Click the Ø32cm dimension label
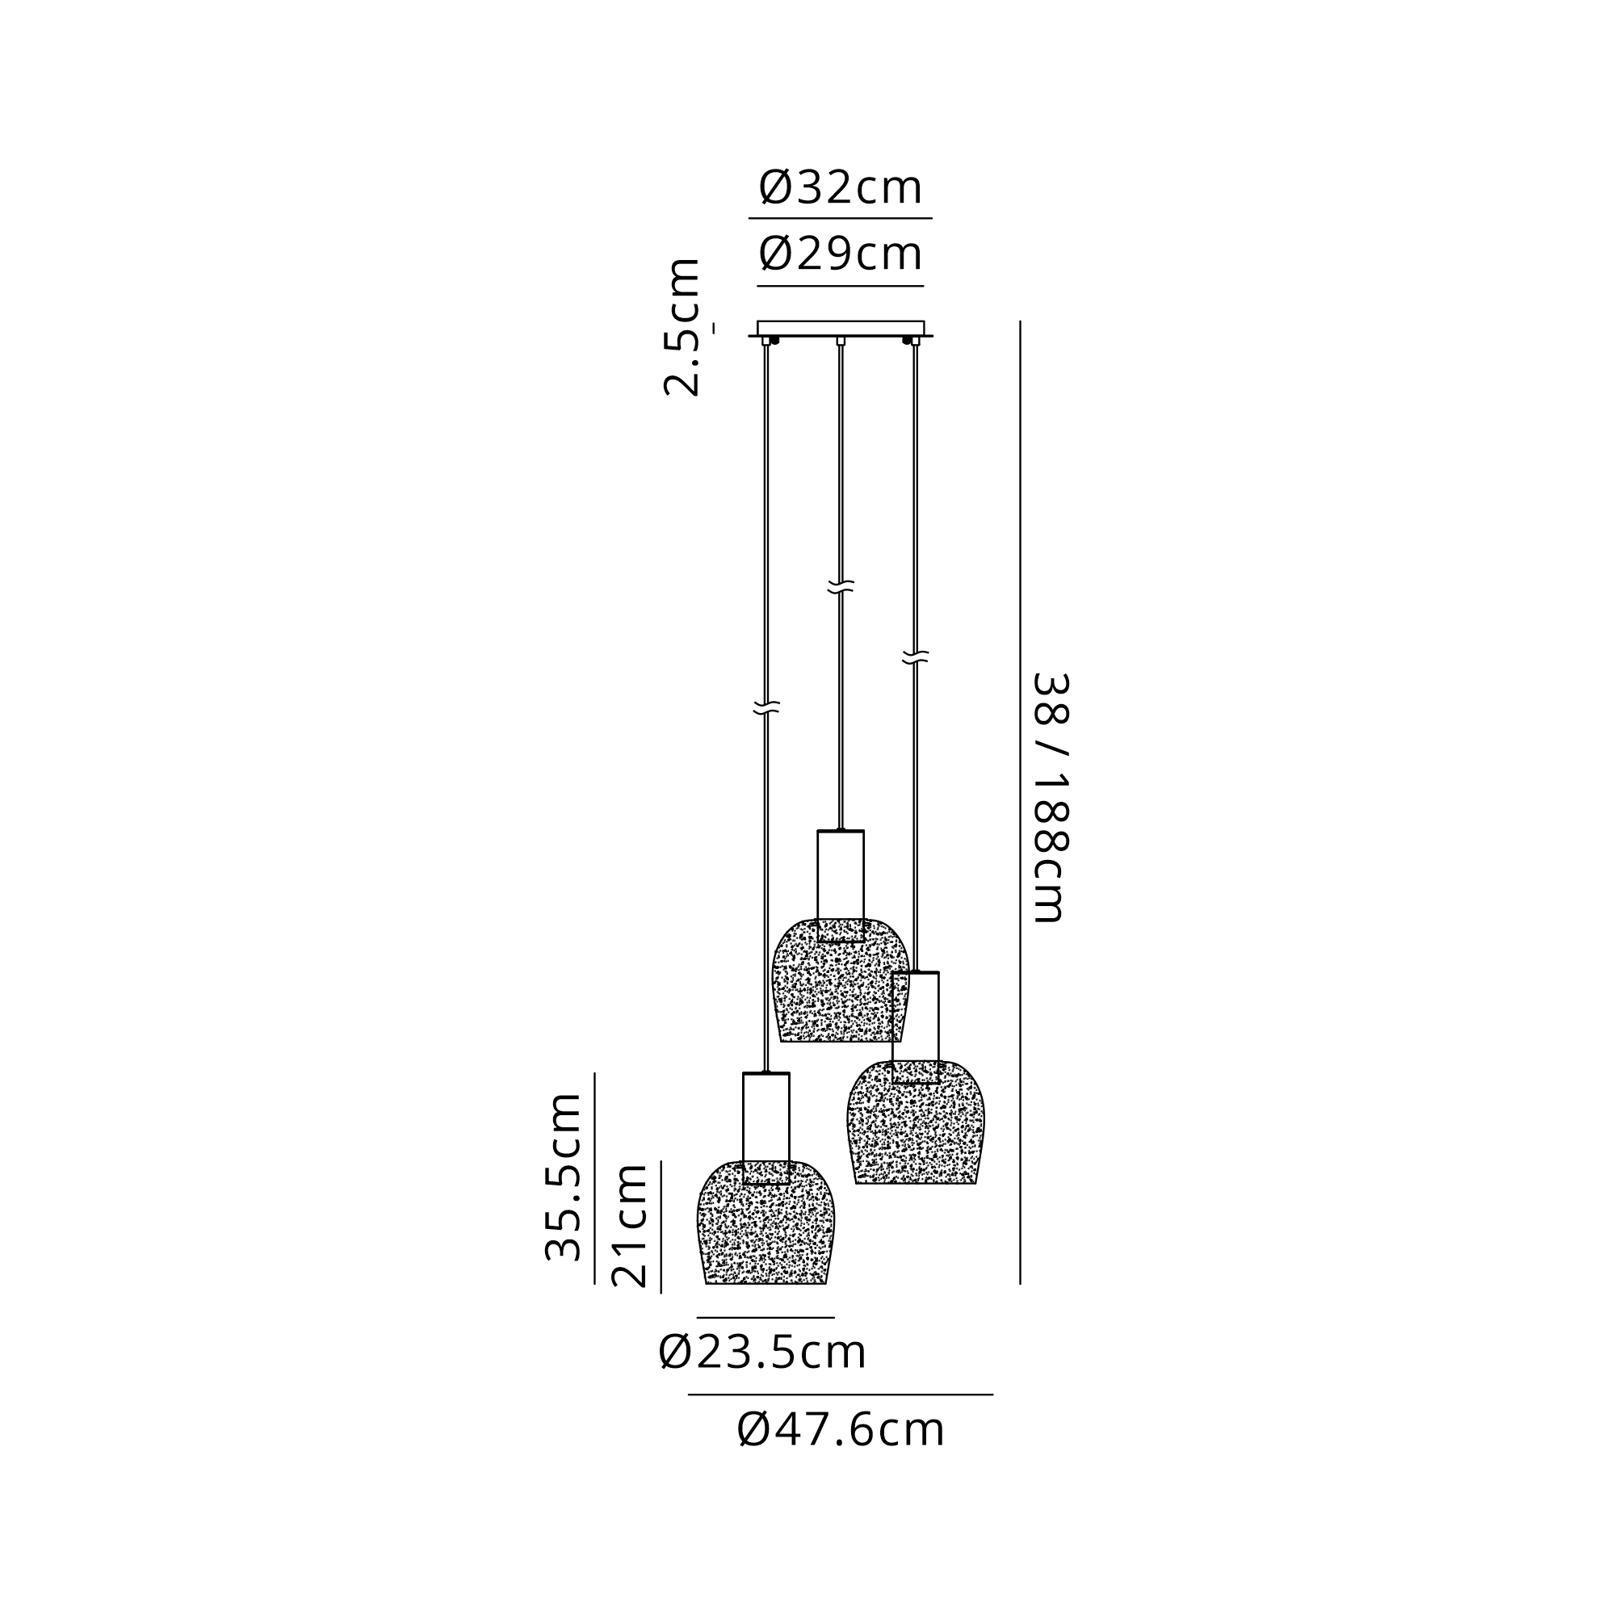[840, 188]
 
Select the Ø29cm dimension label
[840, 254]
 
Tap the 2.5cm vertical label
[682, 328]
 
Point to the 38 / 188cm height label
[1050, 799]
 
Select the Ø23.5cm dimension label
[762, 1352]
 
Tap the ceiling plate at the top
[840, 328]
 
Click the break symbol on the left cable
[766, 708]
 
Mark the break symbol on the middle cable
[840, 588]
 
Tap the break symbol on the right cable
[916, 657]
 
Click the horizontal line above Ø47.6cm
[840, 1395]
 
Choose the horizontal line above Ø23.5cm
[766, 1317]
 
